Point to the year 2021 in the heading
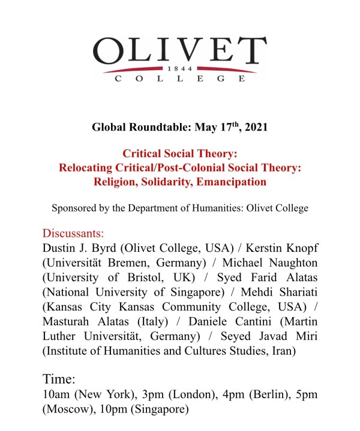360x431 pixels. (255, 128)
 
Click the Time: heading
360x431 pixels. (59, 379)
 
